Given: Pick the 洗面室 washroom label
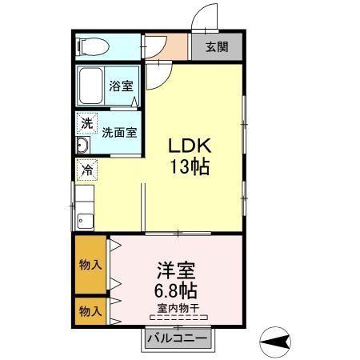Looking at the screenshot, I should point(118,133).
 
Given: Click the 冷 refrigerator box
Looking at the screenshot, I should point(86,170).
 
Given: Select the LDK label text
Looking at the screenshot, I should point(188,147).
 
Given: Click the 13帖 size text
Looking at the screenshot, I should point(189,167).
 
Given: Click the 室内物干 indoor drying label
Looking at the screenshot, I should point(178,307).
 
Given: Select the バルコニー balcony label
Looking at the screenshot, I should point(178,338).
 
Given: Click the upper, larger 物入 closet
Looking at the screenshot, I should point(90,265).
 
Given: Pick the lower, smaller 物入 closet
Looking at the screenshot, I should point(90,310).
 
